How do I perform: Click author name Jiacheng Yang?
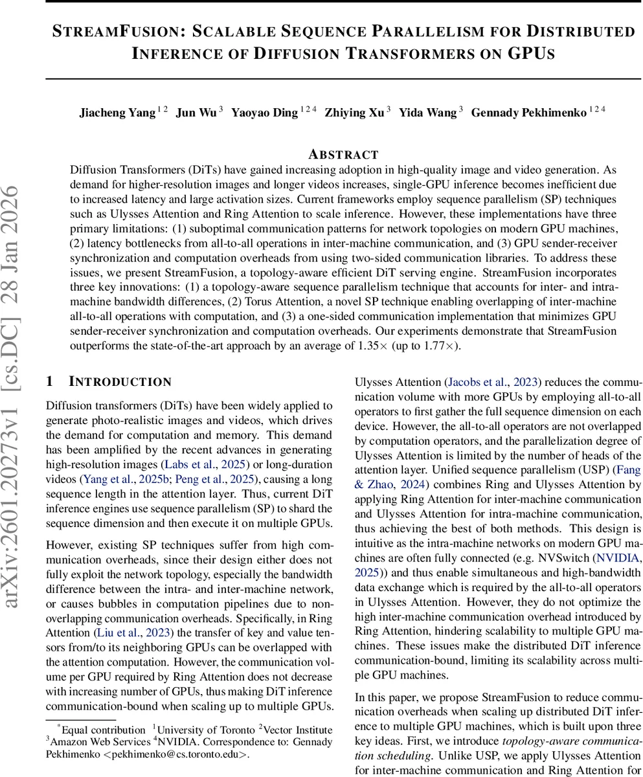click(117, 113)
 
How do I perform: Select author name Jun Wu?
click(196, 113)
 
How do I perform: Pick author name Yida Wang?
click(427, 113)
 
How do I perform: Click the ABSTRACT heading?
click(343, 154)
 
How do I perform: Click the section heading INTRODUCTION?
click(120, 381)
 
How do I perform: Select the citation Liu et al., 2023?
click(134, 633)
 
